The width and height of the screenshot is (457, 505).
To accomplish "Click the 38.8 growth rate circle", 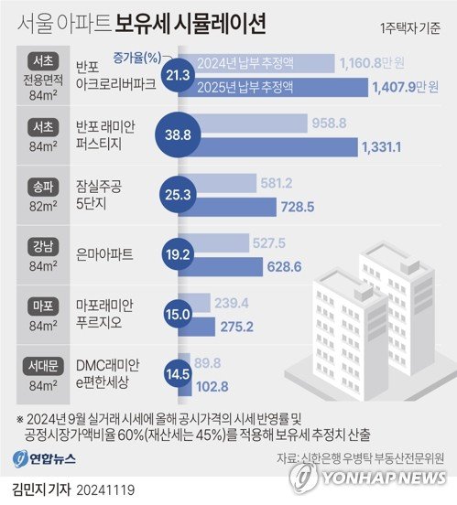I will click(177, 134).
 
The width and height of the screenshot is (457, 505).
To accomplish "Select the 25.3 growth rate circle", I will click(175, 195).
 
